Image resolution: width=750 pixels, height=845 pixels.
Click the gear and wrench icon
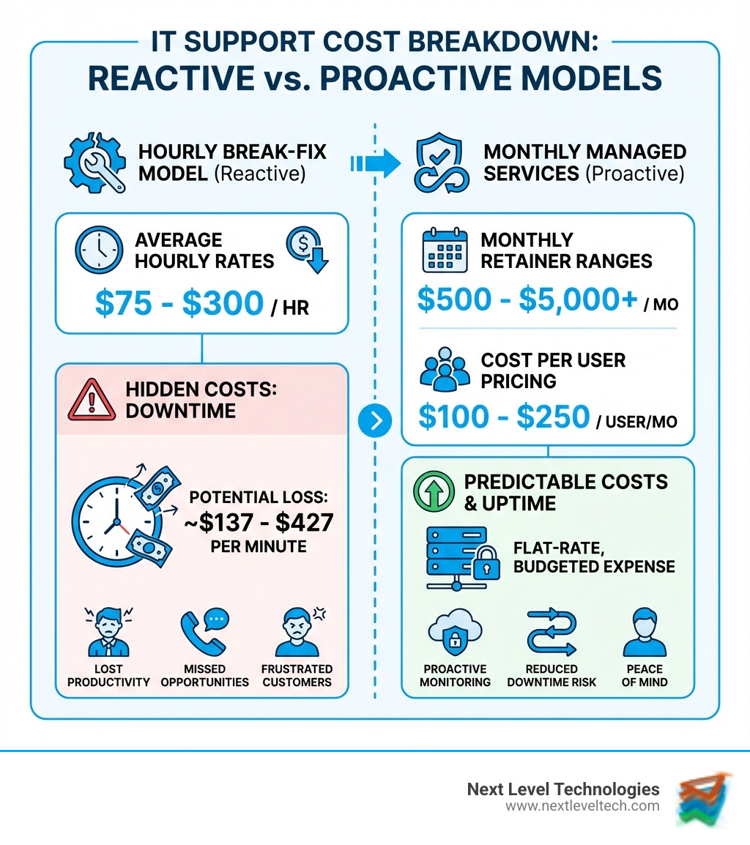[x=94, y=163]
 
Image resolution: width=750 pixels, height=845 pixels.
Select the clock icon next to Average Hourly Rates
[x=99, y=251]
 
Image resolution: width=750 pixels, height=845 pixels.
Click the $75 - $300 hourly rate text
[x=179, y=302]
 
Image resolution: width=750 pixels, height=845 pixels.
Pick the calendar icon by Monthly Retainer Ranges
[x=444, y=251]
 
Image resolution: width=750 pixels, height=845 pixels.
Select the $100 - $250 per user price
[x=504, y=417]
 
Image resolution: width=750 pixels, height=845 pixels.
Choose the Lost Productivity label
[x=108, y=675]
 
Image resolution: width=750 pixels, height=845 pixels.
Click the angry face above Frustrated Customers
[x=298, y=631]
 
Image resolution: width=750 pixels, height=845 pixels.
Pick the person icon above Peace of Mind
[x=645, y=633]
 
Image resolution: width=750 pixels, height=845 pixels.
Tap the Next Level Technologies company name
[x=562, y=789]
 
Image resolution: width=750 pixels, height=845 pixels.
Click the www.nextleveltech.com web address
[x=582, y=805]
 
